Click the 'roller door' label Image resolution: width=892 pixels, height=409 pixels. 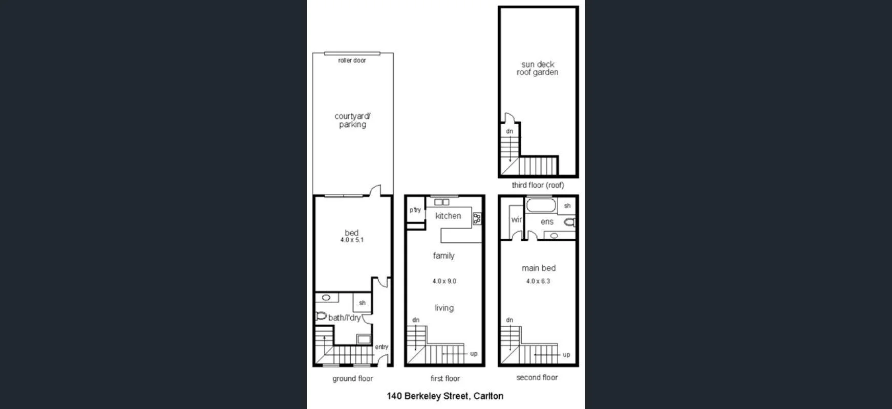click(x=352, y=60)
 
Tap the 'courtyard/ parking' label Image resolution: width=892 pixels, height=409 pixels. click(x=352, y=120)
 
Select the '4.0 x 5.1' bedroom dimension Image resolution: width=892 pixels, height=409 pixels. click(x=352, y=240)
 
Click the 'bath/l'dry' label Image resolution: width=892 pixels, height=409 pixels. click(x=344, y=317)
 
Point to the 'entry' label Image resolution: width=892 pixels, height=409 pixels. click(x=381, y=347)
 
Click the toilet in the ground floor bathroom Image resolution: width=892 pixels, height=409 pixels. click(x=321, y=316)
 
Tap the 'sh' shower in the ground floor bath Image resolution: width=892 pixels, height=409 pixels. click(x=362, y=303)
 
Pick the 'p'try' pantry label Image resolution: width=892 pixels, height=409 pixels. click(x=415, y=210)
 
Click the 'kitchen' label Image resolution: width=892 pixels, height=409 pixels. click(x=448, y=216)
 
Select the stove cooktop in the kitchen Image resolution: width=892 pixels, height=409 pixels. click(x=477, y=219)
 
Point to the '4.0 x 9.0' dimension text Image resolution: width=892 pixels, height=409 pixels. click(x=444, y=281)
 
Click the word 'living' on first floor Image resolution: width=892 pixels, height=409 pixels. click(x=444, y=308)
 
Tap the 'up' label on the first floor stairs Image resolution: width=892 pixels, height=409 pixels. click(x=474, y=354)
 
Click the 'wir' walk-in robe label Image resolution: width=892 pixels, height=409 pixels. click(x=516, y=220)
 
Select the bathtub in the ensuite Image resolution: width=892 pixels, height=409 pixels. click(x=540, y=206)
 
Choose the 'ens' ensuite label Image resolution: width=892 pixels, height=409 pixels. click(x=547, y=221)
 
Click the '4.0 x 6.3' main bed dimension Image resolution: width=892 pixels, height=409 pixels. click(x=538, y=281)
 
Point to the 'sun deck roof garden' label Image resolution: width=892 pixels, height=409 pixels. click(x=538, y=69)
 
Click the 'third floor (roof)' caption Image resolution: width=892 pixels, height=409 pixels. click(x=538, y=185)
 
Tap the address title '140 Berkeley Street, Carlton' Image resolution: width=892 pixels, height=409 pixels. click(x=445, y=396)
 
